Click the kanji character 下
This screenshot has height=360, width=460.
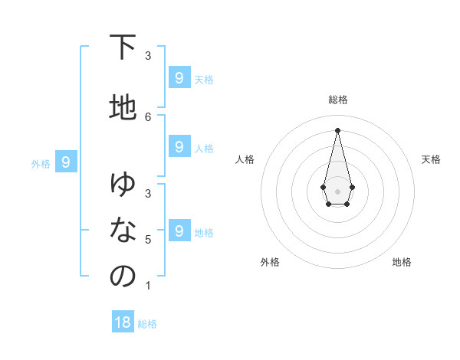pos(123,47)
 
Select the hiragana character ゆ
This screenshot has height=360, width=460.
pos(123,184)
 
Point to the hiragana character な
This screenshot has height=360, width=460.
pos(123,230)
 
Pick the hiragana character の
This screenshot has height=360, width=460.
pos(123,277)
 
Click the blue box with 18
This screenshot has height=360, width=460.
pos(123,322)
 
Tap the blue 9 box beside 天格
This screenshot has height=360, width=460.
pos(179,77)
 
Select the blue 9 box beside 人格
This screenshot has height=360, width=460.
pos(179,146)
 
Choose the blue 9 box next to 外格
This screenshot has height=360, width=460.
pos(66,162)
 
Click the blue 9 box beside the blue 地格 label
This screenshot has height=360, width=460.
pos(179,231)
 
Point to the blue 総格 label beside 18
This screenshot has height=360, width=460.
pos(148,324)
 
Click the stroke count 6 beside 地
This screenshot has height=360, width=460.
pos(148,116)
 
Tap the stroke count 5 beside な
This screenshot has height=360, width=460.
pos(148,240)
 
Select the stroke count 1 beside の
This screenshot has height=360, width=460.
pos(148,286)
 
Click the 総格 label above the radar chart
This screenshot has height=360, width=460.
pos(338,100)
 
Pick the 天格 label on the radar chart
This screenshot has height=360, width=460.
pos(431,159)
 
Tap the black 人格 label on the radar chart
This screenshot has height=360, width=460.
pos(245,159)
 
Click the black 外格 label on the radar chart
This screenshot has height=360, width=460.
pos(270,262)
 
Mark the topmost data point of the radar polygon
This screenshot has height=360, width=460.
pos(337,129)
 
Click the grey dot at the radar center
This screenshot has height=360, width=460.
pos(337,191)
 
